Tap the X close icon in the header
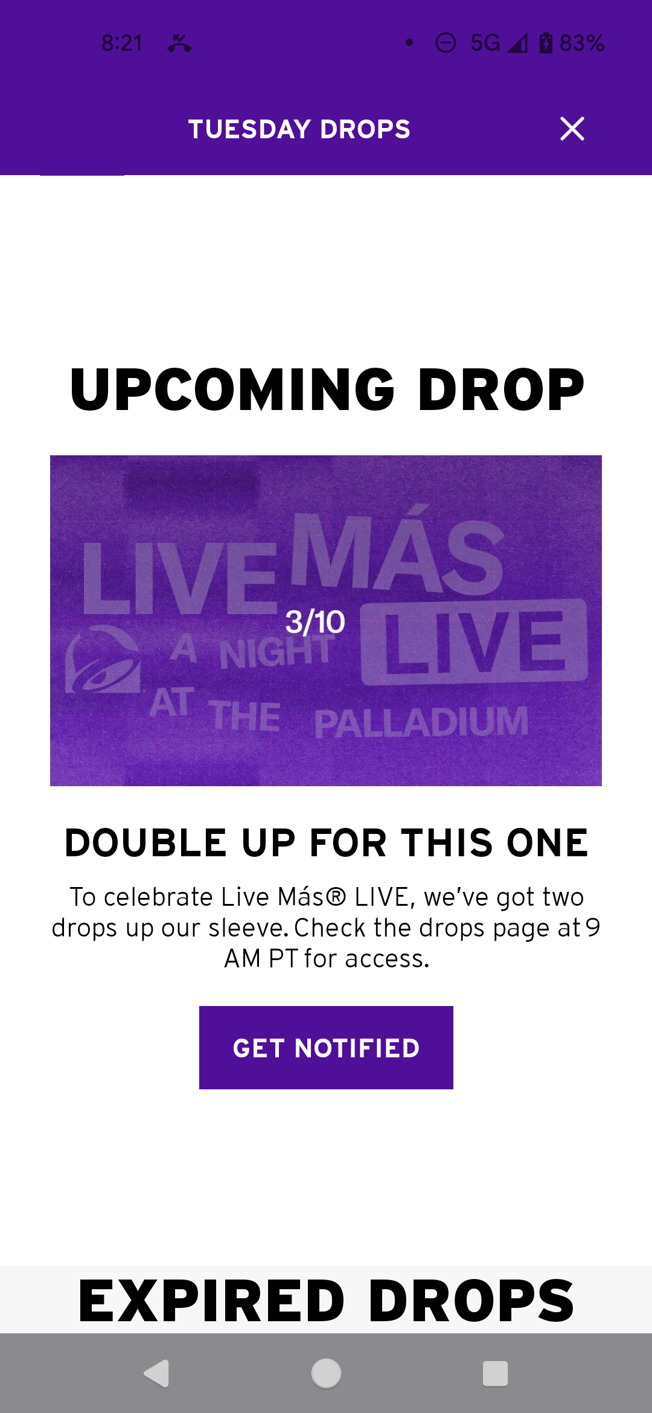coord(572,129)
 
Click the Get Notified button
coord(326,1048)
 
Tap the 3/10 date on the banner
coord(315,622)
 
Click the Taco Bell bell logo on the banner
coord(103,659)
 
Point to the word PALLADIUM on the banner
coord(421,722)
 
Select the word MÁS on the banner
coord(397,553)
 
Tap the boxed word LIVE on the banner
coord(475,642)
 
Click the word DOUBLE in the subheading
coord(145,843)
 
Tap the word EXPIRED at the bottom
coord(211,1301)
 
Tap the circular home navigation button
coord(326,1373)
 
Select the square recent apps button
coord(495,1373)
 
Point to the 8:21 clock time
coord(122,43)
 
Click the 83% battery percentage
coord(582,43)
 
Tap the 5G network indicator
coord(485,43)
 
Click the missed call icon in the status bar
coord(180,43)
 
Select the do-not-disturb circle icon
coord(446,43)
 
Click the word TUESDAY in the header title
coord(249,129)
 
